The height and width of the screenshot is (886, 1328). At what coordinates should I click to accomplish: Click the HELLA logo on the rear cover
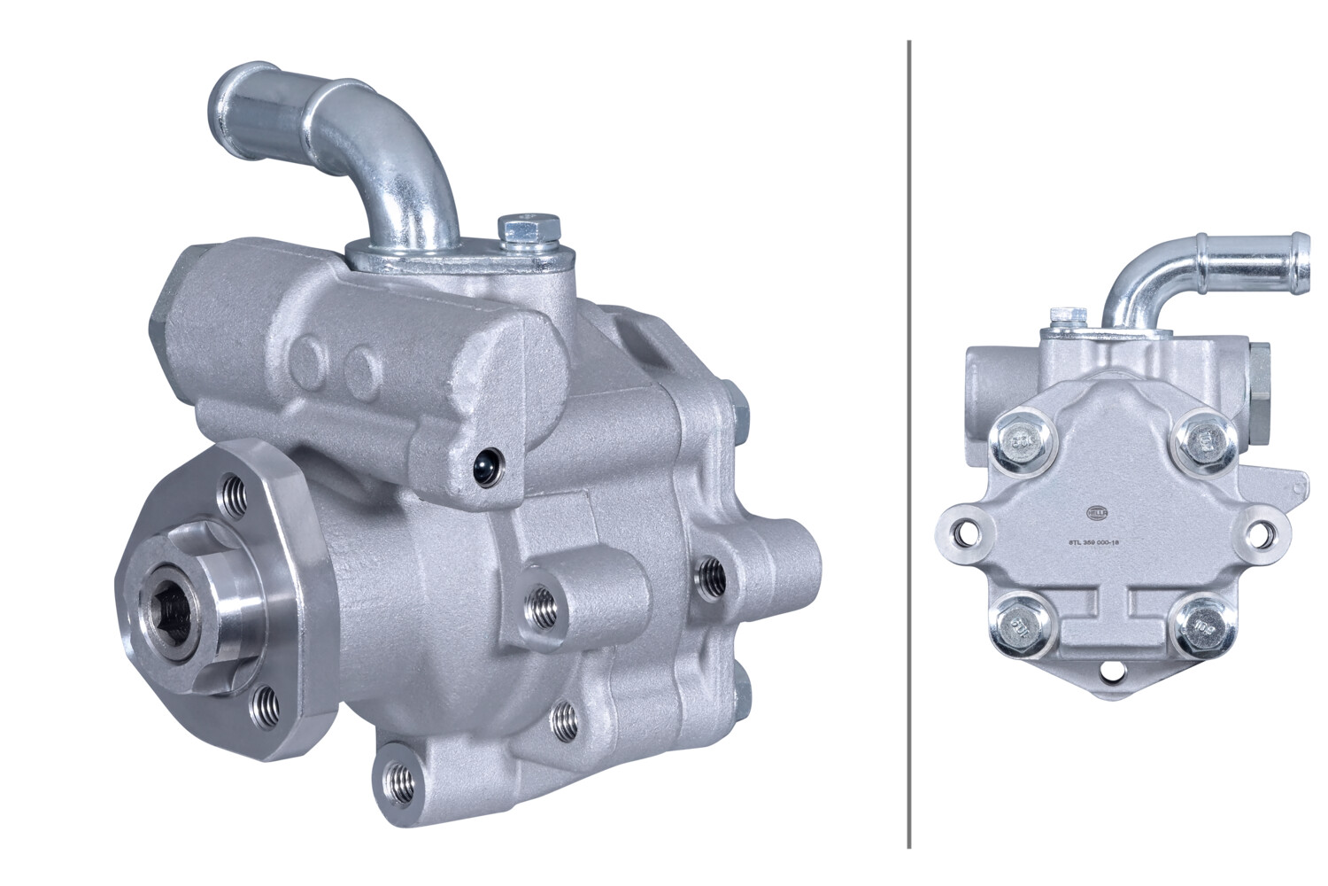click(1097, 512)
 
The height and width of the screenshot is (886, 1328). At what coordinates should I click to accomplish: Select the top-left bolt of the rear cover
click(1023, 440)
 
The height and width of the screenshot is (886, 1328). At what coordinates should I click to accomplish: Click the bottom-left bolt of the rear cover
click(1018, 628)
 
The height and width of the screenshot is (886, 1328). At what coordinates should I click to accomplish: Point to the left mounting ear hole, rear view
click(961, 533)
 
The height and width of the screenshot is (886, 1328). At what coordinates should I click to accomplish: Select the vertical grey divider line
click(909, 443)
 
